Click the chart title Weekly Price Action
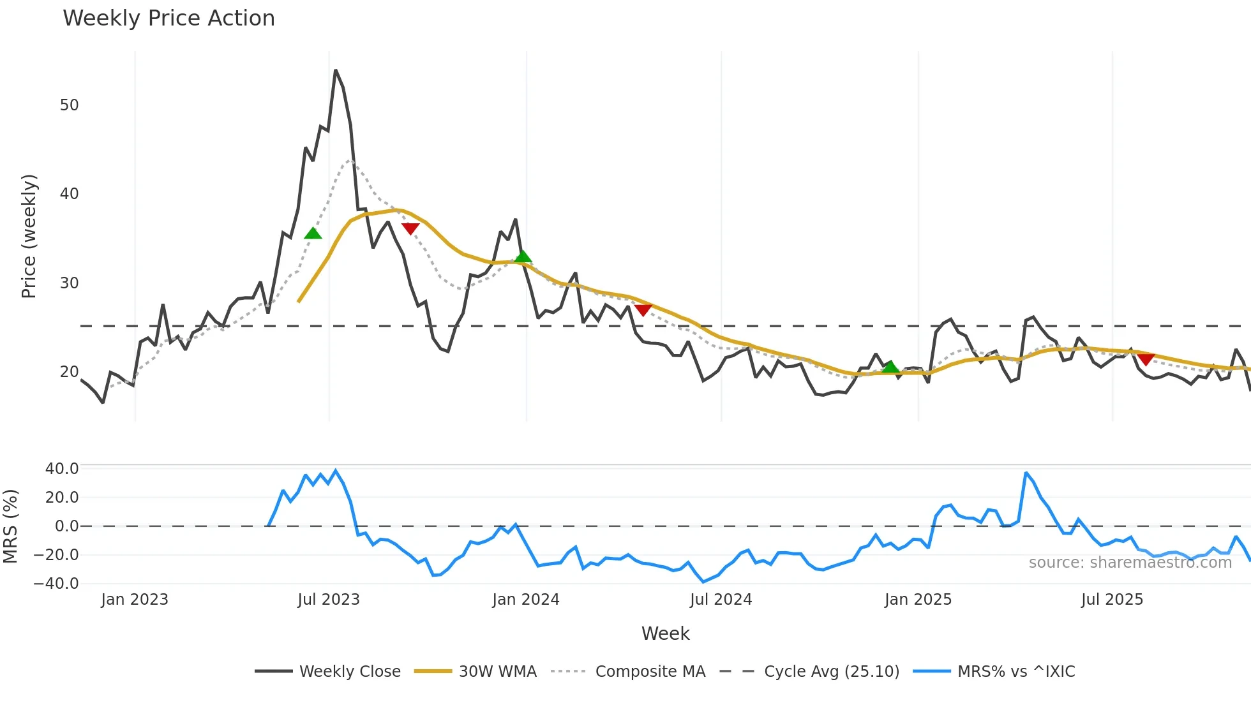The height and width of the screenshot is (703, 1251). click(169, 18)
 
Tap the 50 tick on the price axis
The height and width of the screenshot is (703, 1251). click(69, 105)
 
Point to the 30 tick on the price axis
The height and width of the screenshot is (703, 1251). click(69, 283)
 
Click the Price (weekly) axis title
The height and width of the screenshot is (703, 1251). click(29, 236)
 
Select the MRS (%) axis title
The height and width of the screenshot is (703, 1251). click(10, 526)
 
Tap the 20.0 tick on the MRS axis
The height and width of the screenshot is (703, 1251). click(62, 498)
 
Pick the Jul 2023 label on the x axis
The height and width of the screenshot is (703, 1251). click(329, 600)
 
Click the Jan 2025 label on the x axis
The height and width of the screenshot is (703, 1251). click(918, 600)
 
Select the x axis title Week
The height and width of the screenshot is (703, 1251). click(665, 633)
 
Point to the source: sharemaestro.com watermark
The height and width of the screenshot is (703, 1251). click(1130, 563)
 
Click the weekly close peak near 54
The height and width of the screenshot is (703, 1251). click(336, 71)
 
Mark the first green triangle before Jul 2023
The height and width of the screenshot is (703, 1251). click(313, 233)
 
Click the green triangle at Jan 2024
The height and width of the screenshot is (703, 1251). click(523, 257)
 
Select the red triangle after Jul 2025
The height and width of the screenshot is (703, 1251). click(1146, 360)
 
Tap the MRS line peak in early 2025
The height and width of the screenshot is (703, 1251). click(1026, 473)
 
